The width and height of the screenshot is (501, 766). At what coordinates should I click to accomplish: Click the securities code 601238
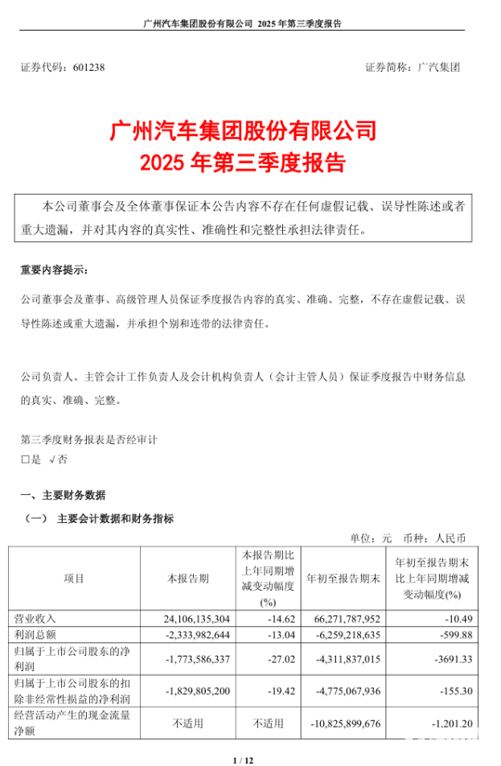88,68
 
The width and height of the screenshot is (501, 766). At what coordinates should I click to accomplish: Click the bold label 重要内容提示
55,269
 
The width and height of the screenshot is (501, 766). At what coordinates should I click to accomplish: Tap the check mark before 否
52,460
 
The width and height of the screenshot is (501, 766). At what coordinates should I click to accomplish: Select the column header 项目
73,579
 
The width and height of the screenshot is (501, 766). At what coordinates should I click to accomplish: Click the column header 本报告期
187,579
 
